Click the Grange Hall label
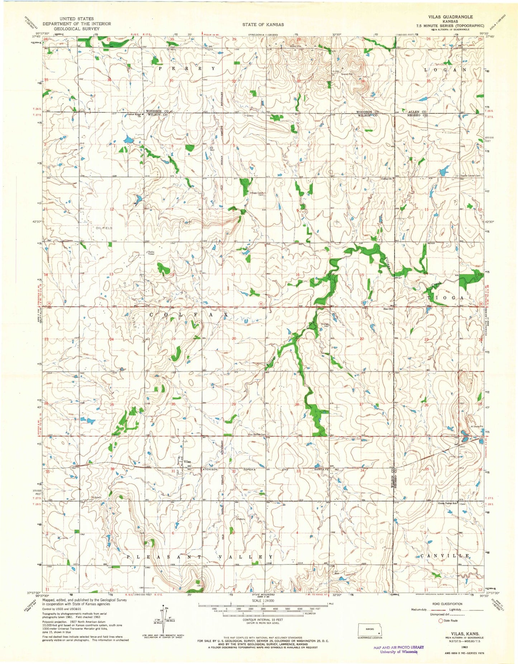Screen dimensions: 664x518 [x=325, y=325]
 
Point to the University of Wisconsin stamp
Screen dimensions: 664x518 [x=398, y=649]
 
